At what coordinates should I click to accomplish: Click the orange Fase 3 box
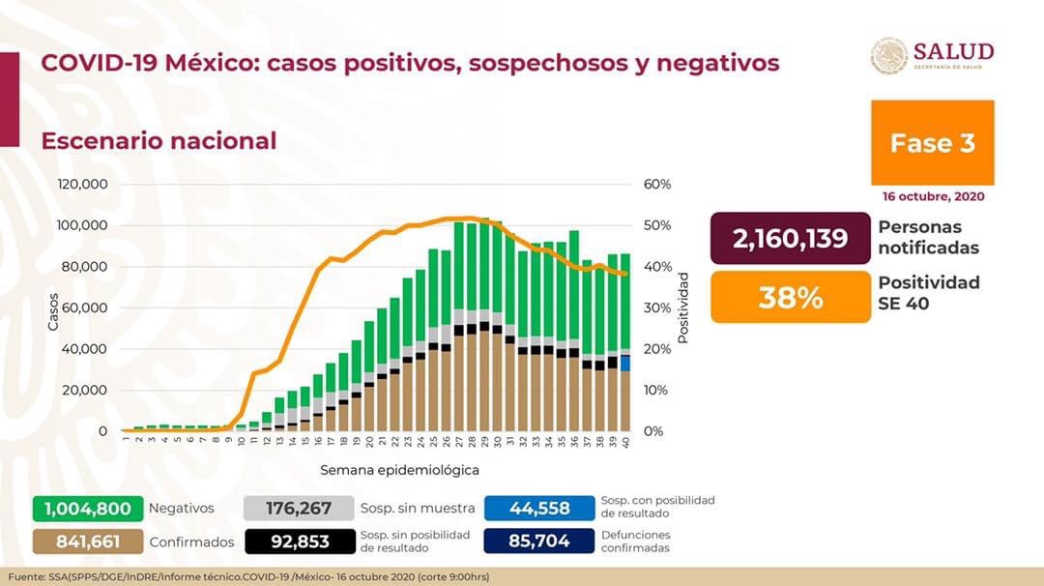click(x=932, y=143)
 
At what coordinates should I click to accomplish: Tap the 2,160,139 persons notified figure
click(x=790, y=238)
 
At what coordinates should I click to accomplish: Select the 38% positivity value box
click(x=790, y=297)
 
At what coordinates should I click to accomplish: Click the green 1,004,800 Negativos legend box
click(x=88, y=509)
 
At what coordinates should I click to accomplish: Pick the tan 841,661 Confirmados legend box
click(x=88, y=542)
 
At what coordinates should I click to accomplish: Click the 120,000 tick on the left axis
click(x=82, y=185)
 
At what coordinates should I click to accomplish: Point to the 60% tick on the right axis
click(x=657, y=185)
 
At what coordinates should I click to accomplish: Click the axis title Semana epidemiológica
click(x=400, y=470)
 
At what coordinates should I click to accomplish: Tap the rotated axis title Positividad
click(x=682, y=308)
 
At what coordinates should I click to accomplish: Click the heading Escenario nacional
click(x=159, y=140)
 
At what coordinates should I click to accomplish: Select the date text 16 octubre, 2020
click(x=933, y=196)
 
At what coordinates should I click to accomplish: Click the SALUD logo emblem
click(x=888, y=56)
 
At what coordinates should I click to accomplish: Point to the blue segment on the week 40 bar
click(x=625, y=363)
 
